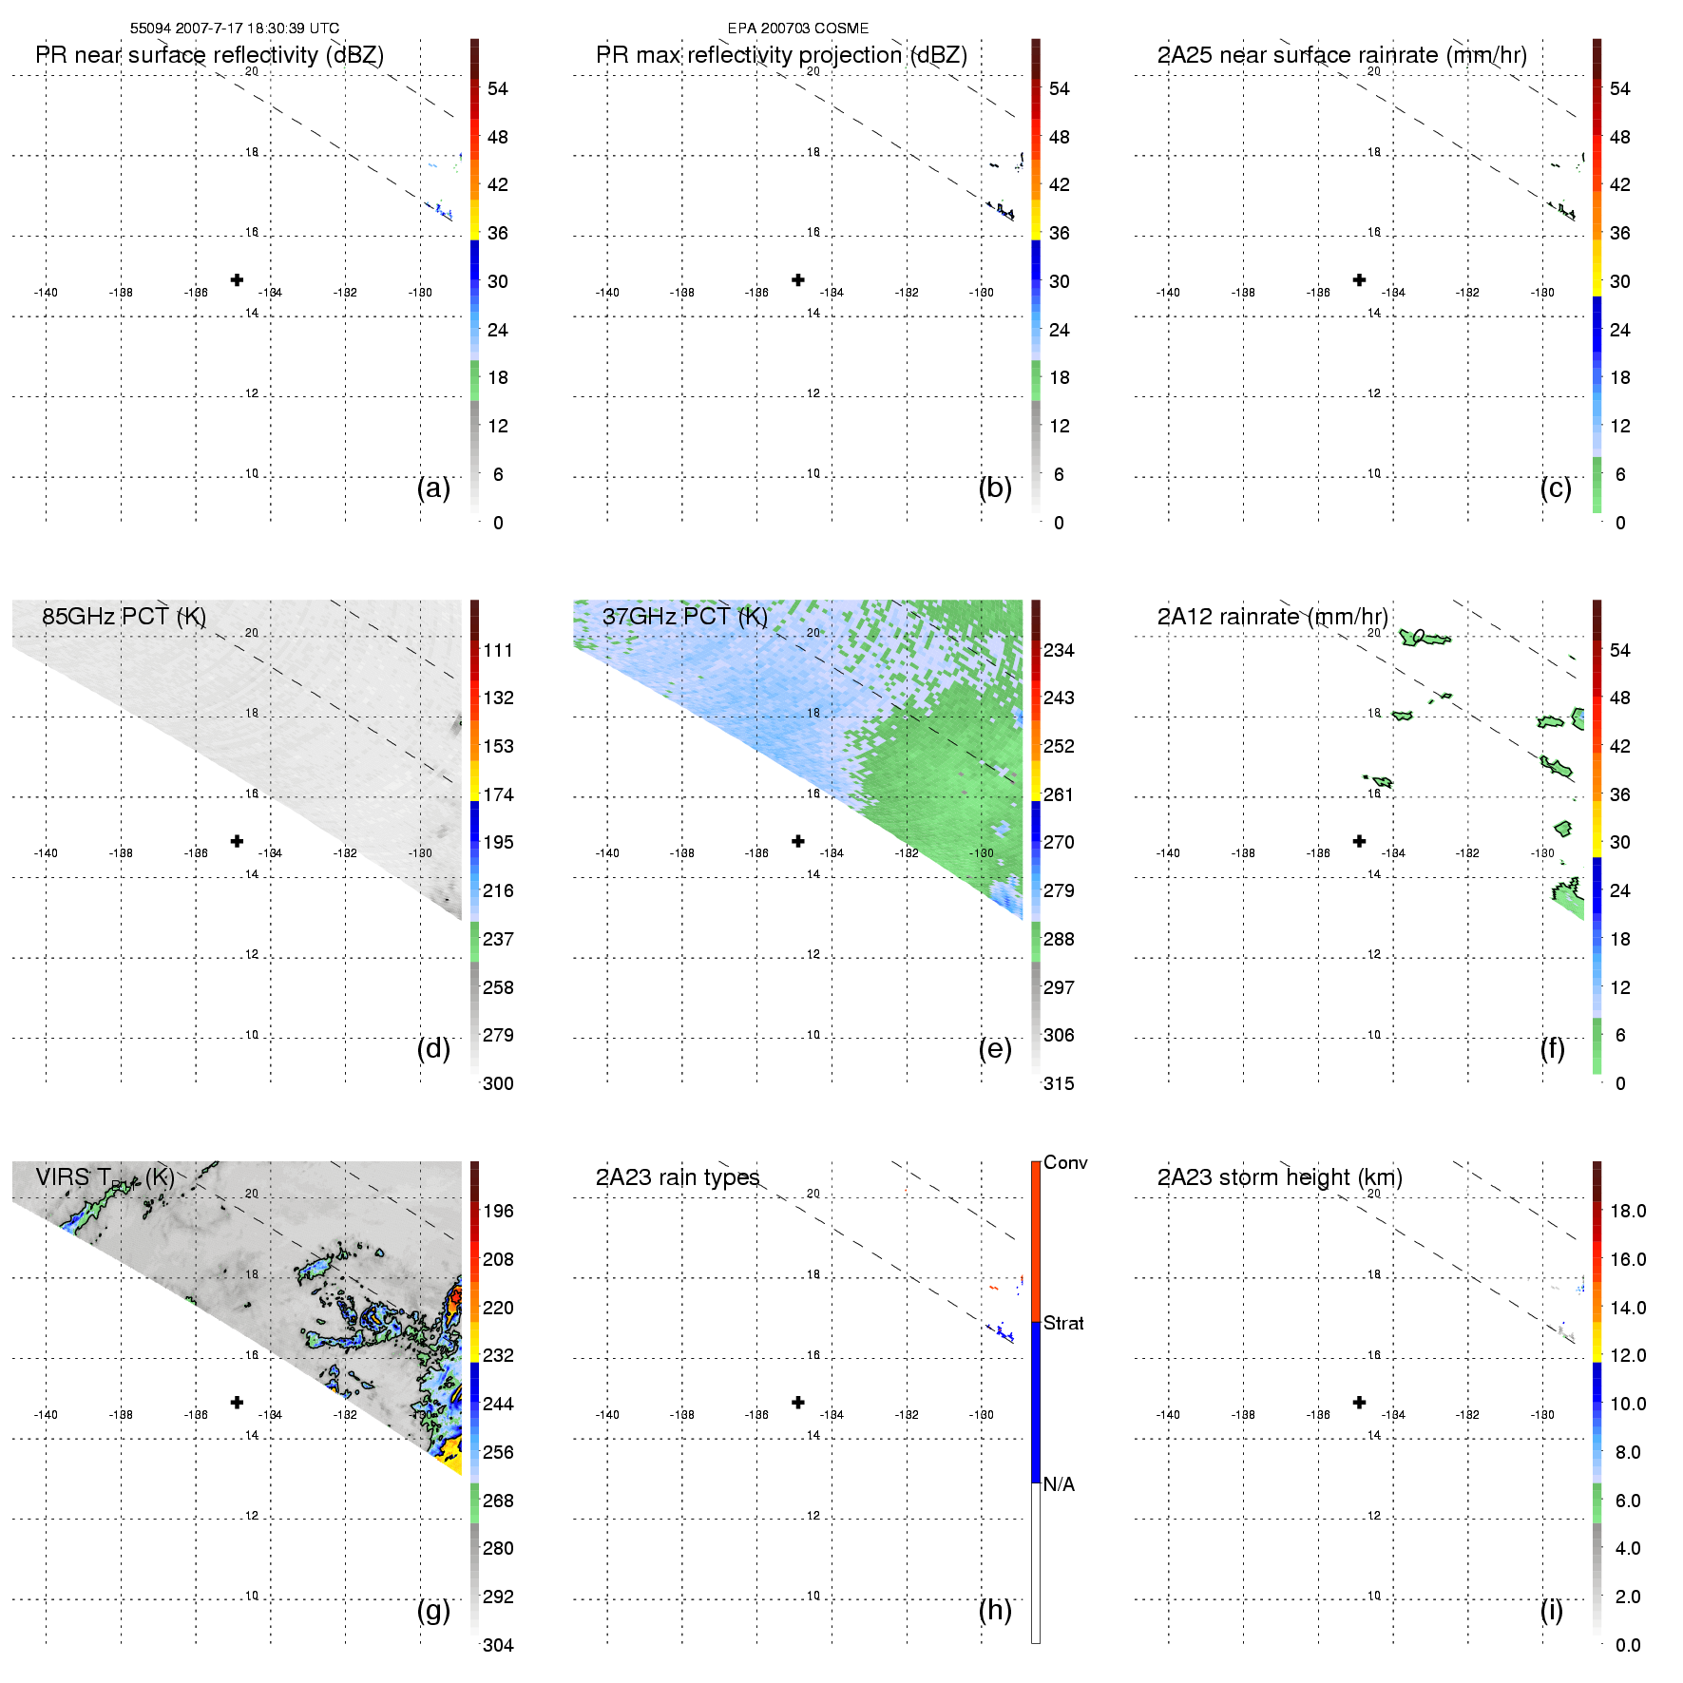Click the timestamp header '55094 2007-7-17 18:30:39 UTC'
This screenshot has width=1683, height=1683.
(234, 29)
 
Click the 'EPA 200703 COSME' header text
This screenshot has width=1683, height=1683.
(797, 29)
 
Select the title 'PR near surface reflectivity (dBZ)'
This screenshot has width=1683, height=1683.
(209, 55)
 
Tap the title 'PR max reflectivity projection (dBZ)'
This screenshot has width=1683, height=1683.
(780, 55)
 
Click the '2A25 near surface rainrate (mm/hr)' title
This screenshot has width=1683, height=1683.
(1341, 55)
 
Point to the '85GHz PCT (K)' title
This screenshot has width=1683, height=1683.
(124, 617)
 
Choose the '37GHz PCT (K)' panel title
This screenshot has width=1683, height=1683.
(684, 617)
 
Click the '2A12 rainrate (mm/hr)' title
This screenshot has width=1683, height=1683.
(1272, 617)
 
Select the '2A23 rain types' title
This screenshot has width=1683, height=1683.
(677, 1177)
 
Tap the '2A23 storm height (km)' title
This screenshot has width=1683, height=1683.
(1279, 1177)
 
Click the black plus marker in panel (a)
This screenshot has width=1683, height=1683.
(237, 279)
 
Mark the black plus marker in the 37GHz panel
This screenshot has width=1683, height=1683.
(798, 841)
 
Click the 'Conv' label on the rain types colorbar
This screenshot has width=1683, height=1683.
(1064, 1162)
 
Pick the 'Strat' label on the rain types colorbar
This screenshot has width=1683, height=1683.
(1062, 1323)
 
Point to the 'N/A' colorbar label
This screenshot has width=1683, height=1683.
(1058, 1484)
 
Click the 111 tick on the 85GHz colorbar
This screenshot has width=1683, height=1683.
(497, 650)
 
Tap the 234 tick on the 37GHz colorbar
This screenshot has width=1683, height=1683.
(1058, 650)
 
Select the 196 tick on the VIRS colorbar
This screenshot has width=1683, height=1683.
(497, 1211)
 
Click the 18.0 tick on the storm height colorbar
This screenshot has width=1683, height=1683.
(1627, 1211)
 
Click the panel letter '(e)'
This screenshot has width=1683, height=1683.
(994, 1048)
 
